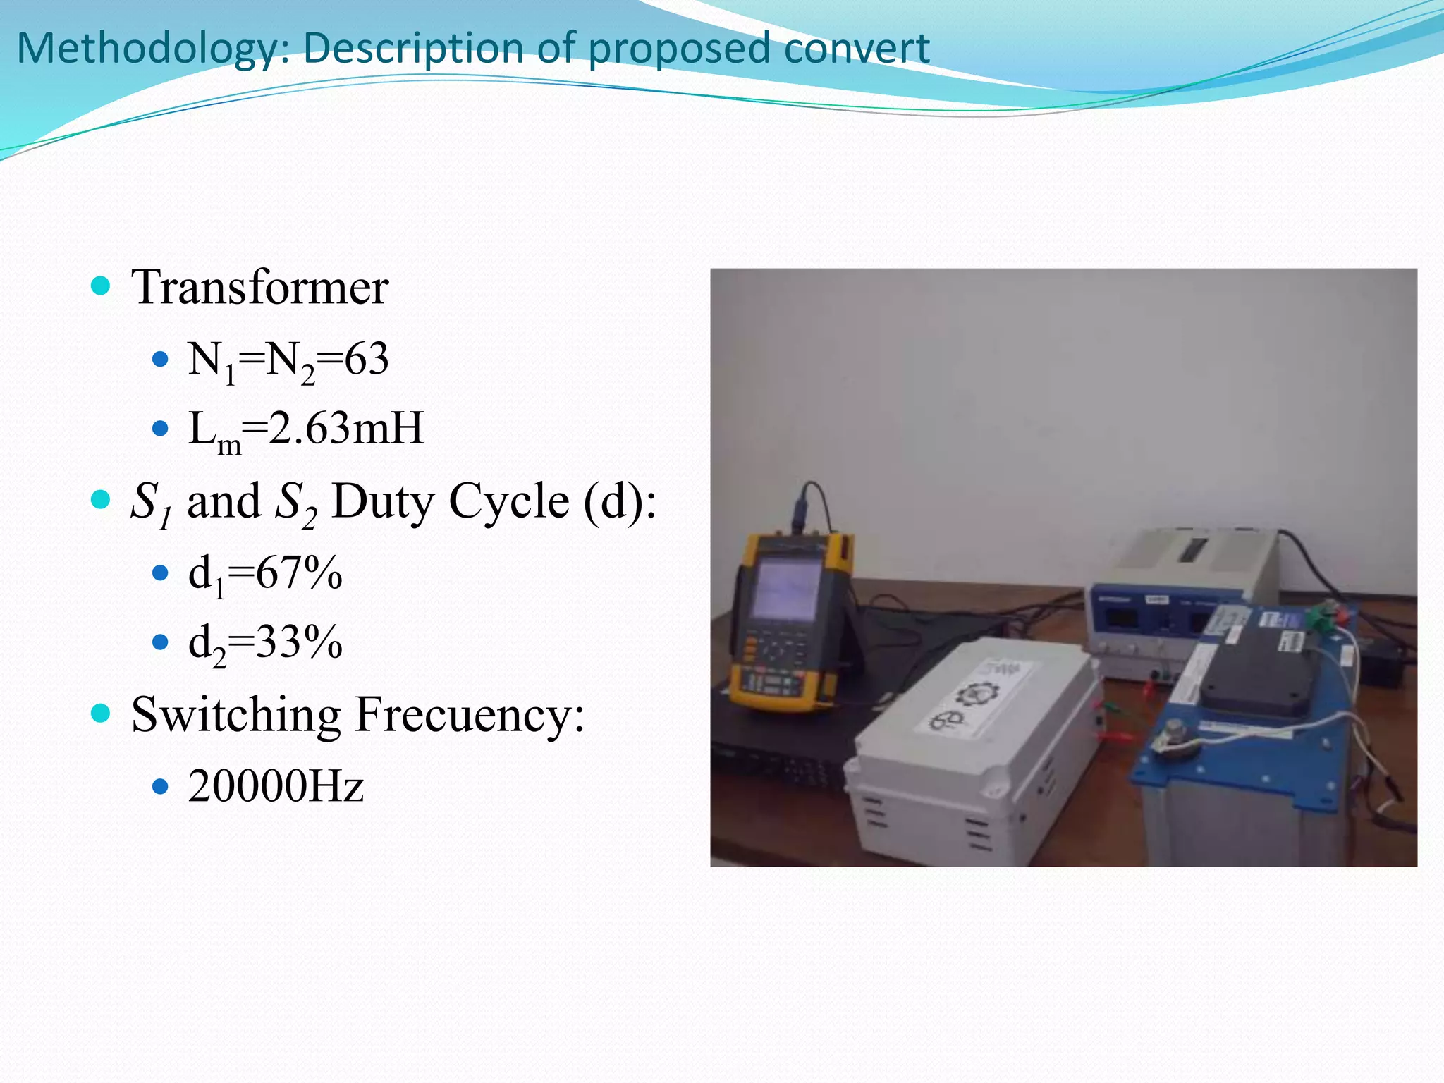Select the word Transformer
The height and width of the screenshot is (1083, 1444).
[259, 288]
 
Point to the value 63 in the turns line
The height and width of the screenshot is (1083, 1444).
[367, 359]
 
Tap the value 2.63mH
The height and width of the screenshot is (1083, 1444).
[346, 429]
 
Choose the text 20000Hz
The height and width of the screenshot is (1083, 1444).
[276, 786]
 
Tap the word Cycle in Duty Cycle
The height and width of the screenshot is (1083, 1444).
[509, 501]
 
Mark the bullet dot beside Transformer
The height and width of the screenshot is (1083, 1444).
[102, 286]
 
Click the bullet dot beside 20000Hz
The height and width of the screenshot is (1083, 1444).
[161, 785]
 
